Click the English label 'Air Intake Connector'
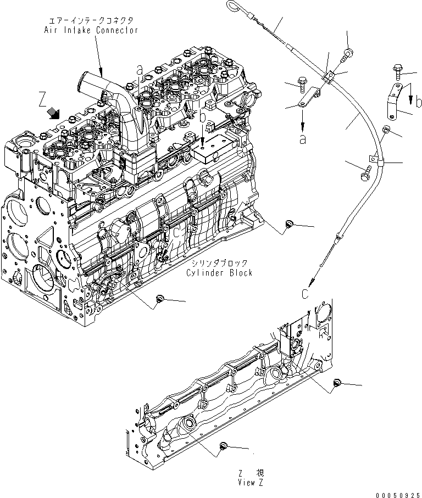coord(91,30)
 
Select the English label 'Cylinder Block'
coord(219,273)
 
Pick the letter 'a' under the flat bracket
coord(302,139)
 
